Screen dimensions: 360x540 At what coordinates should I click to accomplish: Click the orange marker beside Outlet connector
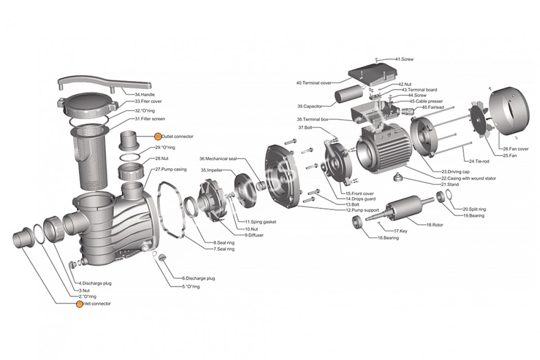[x=157, y=135]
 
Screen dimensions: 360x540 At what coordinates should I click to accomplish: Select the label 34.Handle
[x=144, y=94]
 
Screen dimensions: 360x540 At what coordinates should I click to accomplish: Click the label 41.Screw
[x=404, y=59]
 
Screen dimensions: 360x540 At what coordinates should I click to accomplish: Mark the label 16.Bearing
[x=388, y=238]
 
